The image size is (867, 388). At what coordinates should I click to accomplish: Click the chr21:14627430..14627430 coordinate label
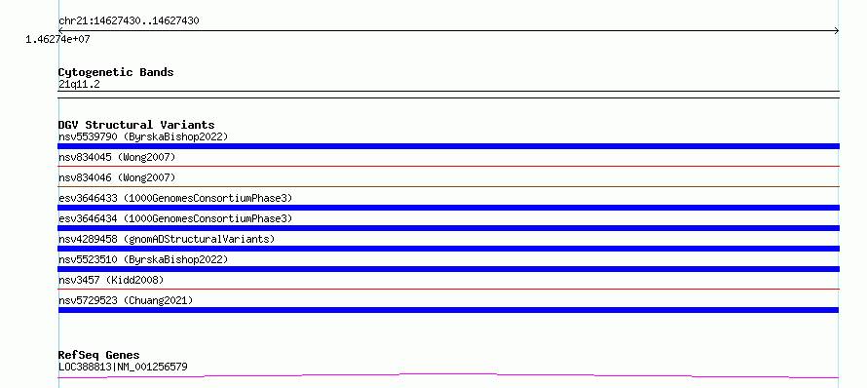coord(129,21)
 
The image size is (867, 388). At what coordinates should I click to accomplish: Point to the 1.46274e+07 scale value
coord(57,39)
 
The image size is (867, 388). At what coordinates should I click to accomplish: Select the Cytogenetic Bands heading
coord(116,72)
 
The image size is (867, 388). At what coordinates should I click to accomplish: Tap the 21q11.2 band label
coord(79,85)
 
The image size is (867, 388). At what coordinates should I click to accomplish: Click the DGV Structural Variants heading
coord(136,125)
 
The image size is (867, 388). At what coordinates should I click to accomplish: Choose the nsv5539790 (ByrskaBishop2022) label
coord(143,136)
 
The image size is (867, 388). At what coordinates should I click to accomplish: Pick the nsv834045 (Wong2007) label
coord(117,157)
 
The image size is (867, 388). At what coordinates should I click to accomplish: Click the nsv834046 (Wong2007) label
coord(117,177)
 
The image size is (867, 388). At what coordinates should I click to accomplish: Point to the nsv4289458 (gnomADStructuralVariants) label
coord(167,239)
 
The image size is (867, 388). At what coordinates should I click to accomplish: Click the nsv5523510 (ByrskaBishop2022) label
coord(143,259)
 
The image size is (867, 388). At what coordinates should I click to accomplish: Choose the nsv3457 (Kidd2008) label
coord(111,280)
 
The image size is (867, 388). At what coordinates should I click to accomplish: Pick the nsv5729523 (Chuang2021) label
coord(126,300)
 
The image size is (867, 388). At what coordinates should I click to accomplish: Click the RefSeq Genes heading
coord(99,355)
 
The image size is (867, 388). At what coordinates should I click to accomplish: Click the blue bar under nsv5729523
coord(448,310)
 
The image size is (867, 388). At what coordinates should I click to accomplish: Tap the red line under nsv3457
coord(448,289)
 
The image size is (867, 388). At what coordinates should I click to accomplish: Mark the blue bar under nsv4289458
coord(448,249)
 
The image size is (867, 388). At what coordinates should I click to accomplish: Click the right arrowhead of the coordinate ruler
coord(838,31)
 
